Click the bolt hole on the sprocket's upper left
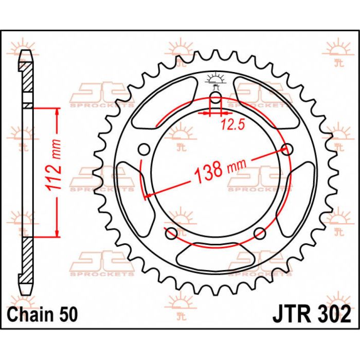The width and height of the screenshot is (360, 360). [x=145, y=149]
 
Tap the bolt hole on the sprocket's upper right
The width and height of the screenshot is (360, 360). [x=287, y=149]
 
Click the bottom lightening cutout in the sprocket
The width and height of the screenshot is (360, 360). [x=215, y=255]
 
